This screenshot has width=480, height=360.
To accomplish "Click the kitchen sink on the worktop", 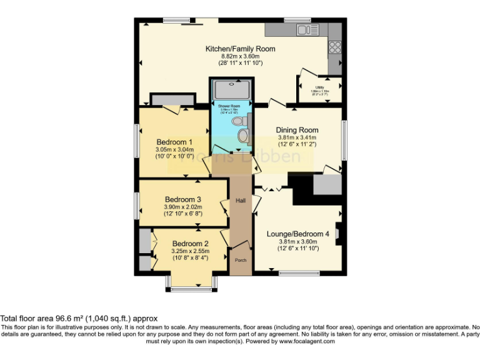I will pos(304,30).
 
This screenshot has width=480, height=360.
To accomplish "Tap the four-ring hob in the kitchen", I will pos(334,47).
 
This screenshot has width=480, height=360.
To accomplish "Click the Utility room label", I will pos(319,87).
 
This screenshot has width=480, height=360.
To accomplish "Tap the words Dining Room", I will pos(297,130).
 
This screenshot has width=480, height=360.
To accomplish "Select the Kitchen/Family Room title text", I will pos(240,49).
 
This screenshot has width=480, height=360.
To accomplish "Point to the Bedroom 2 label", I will pos(190,243).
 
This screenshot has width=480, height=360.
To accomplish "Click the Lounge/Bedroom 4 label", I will pos(298,234).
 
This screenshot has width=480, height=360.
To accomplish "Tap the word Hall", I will pos(241,201).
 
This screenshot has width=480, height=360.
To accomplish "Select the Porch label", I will pos(240,259).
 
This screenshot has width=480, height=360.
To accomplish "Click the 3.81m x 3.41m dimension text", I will pos(297,137).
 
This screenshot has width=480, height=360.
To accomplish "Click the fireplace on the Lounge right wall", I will pos(338,234).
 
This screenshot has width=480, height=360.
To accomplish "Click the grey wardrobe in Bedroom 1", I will pos(172,100).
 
